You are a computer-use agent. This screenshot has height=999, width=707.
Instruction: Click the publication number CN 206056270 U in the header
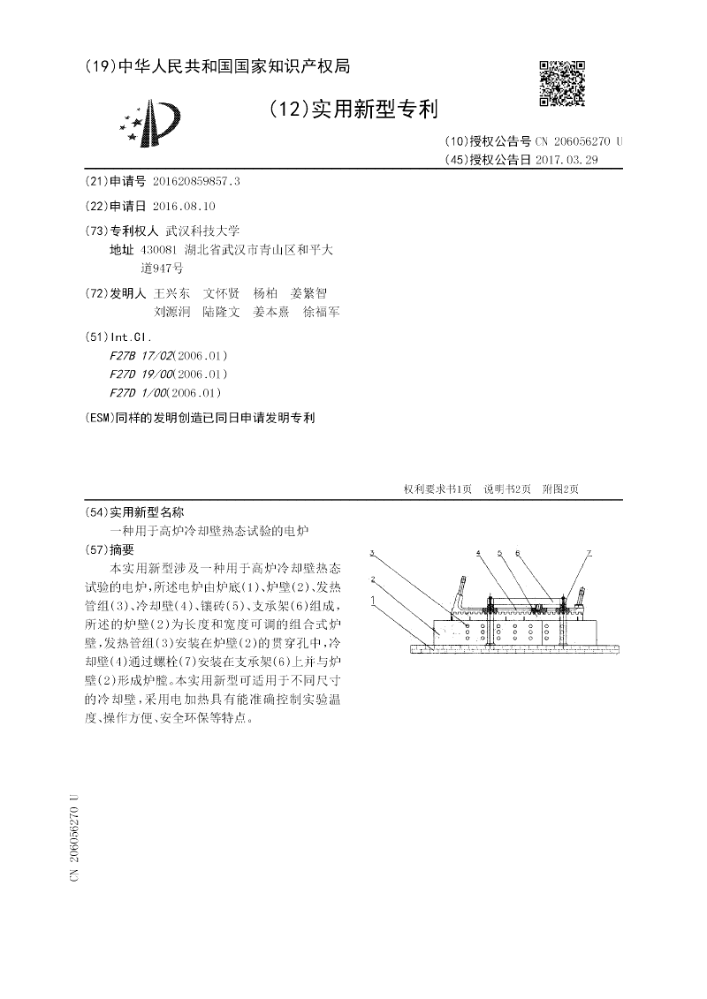pyautogui.click(x=579, y=141)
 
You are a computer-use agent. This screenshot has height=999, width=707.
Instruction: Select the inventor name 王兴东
pyautogui.click(x=171, y=292)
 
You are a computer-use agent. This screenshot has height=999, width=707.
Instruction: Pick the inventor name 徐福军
pyautogui.click(x=321, y=312)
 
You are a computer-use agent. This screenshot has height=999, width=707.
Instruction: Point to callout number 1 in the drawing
pyautogui.click(x=373, y=599)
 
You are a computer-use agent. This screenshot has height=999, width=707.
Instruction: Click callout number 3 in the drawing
pyautogui.click(x=373, y=553)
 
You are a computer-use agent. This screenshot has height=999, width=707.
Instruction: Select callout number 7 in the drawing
pyautogui.click(x=589, y=553)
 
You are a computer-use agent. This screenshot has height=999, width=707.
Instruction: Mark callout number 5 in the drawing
pyautogui.click(x=499, y=553)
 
